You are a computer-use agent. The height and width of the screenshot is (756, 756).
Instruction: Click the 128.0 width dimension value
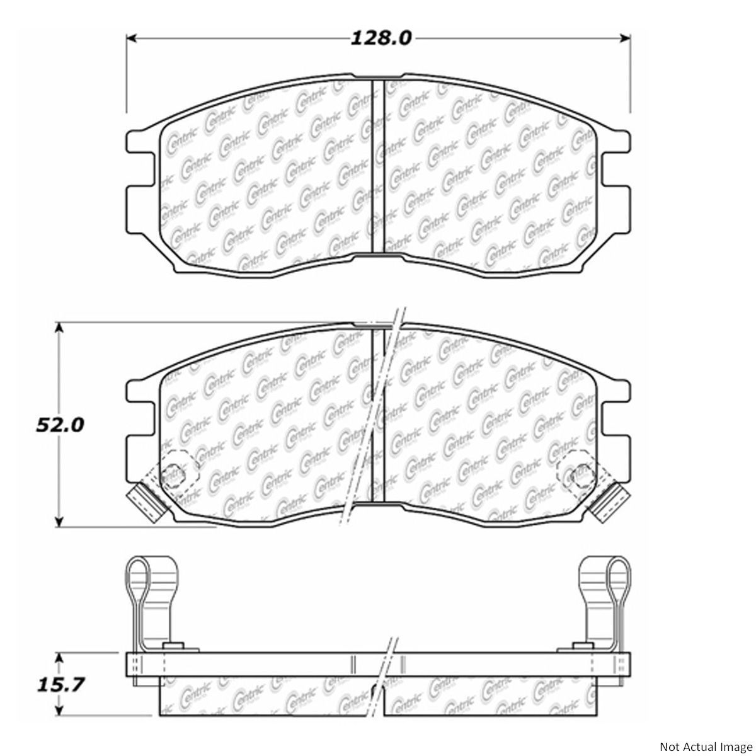coord(381,38)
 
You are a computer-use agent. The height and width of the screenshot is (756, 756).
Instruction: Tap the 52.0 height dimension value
coord(60,425)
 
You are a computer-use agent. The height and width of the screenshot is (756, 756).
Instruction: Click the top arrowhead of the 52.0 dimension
coord(59,328)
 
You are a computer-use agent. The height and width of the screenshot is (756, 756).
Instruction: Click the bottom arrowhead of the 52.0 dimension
coord(59,522)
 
